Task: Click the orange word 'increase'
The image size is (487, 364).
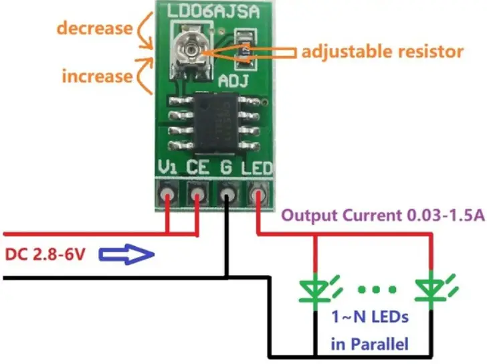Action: coord(97,76)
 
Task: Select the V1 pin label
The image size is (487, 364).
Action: coord(167,167)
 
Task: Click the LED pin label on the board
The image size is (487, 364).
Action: coord(258,167)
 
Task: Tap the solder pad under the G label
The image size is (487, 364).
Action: coord(227,195)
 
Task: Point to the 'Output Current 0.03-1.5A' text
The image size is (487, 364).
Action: coord(383,217)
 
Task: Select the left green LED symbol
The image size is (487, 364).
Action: coord(314,288)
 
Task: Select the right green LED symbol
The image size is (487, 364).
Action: coord(428,288)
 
